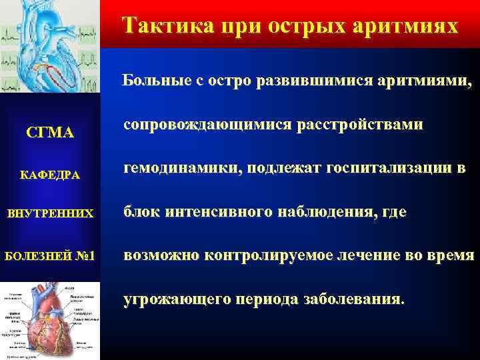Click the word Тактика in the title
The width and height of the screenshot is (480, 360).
[x=161, y=27]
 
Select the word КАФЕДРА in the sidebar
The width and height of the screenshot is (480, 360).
[x=50, y=175]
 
